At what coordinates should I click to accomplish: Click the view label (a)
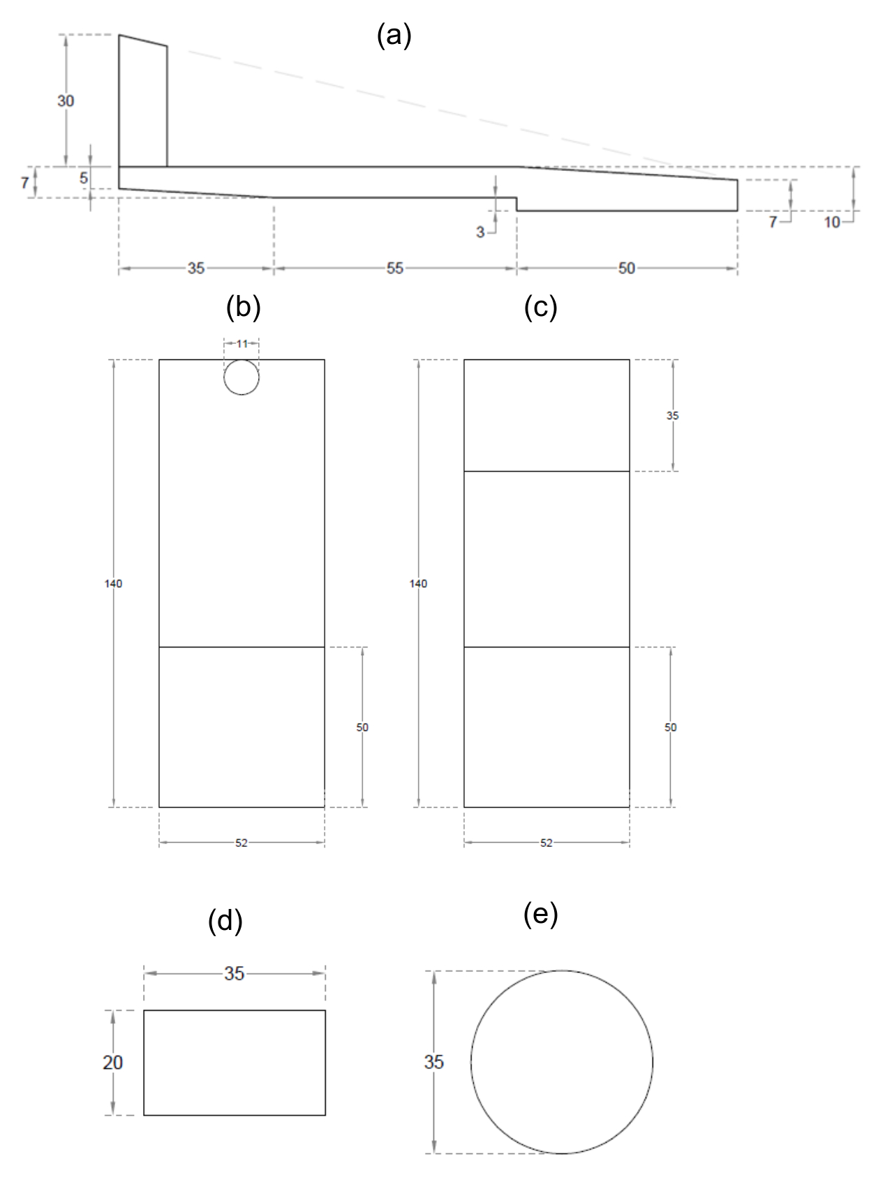394,35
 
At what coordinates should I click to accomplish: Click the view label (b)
243,307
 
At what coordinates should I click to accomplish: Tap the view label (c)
540,307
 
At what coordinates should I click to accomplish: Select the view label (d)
225,921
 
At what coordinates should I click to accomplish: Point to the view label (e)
540,914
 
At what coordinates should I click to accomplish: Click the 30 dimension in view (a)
66,101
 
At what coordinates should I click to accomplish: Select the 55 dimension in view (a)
395,269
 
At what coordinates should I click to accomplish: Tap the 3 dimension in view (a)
480,232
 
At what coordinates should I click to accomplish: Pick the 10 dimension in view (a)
832,223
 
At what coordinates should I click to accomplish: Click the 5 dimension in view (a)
84,178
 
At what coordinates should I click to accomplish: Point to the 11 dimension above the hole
241,344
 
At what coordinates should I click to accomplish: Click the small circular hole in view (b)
241,377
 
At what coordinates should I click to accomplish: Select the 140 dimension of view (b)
113,584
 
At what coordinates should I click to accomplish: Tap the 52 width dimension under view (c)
546,843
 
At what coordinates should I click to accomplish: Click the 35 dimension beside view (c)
672,416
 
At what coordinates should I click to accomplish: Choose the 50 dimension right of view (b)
362,728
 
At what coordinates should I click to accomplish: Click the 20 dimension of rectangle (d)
112,1062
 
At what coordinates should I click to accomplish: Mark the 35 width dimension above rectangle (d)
235,974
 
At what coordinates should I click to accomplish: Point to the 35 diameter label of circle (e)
433,1062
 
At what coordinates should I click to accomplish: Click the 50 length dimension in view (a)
627,269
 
